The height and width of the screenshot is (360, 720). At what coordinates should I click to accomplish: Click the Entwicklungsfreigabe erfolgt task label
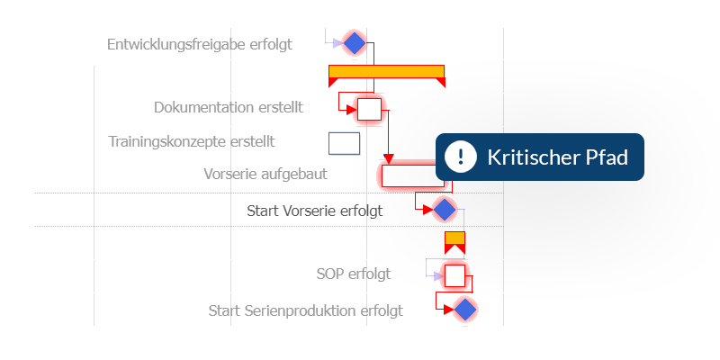pyautogui.click(x=199, y=44)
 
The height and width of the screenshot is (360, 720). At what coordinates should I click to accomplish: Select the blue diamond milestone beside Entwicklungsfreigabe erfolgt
pyautogui.click(x=355, y=43)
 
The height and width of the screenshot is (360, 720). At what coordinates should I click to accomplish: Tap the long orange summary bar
pyautogui.click(x=387, y=72)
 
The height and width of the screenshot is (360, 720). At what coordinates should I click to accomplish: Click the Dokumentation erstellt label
pyautogui.click(x=229, y=107)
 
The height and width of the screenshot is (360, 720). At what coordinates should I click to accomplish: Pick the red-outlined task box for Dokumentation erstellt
pyautogui.click(x=370, y=109)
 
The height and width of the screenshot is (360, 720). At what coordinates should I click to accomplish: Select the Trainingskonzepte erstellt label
pyautogui.click(x=192, y=141)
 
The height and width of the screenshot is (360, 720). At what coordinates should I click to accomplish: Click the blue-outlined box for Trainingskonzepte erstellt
pyautogui.click(x=345, y=143)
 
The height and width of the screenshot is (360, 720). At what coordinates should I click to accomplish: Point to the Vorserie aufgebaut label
pyautogui.click(x=265, y=174)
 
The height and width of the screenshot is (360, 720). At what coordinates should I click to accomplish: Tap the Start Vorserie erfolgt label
pyautogui.click(x=314, y=211)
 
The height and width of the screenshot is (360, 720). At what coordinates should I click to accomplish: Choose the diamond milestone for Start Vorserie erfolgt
pyautogui.click(x=445, y=210)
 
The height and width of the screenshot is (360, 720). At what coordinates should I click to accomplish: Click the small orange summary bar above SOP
pyautogui.click(x=455, y=238)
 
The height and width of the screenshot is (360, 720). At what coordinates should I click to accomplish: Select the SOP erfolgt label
pyautogui.click(x=354, y=274)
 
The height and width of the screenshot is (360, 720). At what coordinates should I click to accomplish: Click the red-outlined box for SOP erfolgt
pyautogui.click(x=455, y=275)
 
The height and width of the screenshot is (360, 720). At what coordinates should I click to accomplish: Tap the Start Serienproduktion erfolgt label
pyautogui.click(x=305, y=310)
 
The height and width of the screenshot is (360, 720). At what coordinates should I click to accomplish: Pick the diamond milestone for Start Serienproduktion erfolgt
pyautogui.click(x=464, y=309)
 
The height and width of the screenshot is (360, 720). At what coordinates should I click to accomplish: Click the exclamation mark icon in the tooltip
pyautogui.click(x=461, y=157)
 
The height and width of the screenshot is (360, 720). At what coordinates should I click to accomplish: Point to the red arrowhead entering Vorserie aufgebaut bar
pyautogui.click(x=389, y=159)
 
